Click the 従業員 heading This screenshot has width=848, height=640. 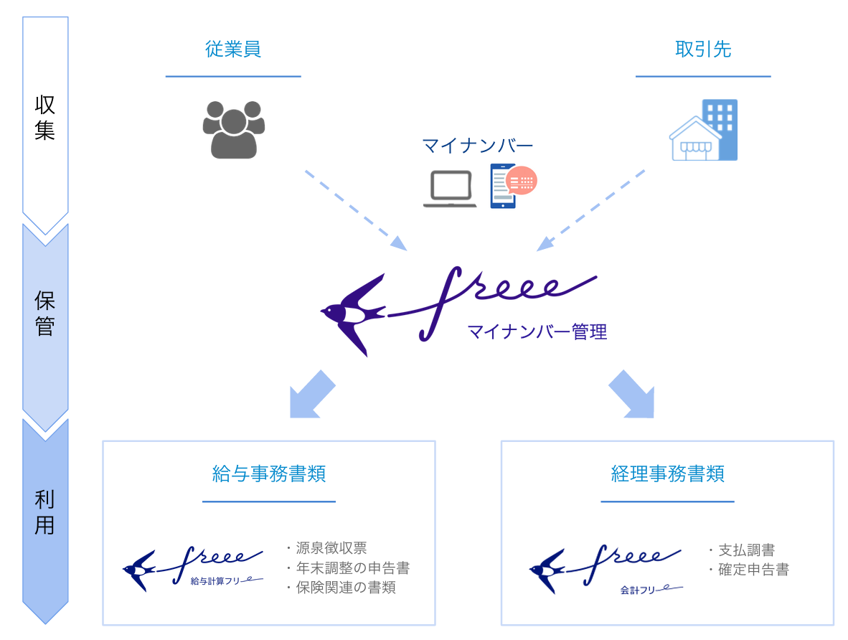click(x=232, y=50)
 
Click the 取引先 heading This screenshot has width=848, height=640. click(x=702, y=50)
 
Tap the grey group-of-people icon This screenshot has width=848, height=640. click(x=233, y=129)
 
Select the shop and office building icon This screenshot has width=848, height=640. click(x=704, y=131)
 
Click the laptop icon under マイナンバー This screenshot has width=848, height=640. click(x=450, y=189)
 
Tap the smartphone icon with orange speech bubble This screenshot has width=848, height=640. click(x=512, y=186)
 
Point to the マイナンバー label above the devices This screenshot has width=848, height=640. click(x=477, y=146)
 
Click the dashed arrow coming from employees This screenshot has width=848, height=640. click(x=355, y=210)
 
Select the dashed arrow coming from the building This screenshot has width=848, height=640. click(x=591, y=210)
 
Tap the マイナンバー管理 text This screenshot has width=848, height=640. click(x=537, y=332)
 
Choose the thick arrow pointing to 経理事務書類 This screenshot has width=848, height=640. click(x=632, y=395)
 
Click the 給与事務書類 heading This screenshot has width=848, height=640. click(x=269, y=474)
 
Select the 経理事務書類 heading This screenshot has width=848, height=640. click(x=667, y=474)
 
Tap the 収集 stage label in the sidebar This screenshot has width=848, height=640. click(x=45, y=118)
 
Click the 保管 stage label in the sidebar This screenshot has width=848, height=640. click(x=45, y=314)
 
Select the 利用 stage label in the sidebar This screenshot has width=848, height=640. click(x=45, y=512)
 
